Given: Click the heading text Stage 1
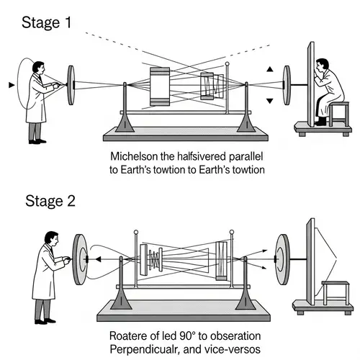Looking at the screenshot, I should pyautogui.click(x=48, y=21).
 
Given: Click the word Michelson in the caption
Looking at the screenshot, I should pyautogui.click(x=134, y=156).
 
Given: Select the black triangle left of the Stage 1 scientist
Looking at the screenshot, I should pyautogui.click(x=10, y=85).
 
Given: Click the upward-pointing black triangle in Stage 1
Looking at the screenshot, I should pyautogui.click(x=270, y=70).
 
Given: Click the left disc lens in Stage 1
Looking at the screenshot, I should pyautogui.click(x=71, y=85).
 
